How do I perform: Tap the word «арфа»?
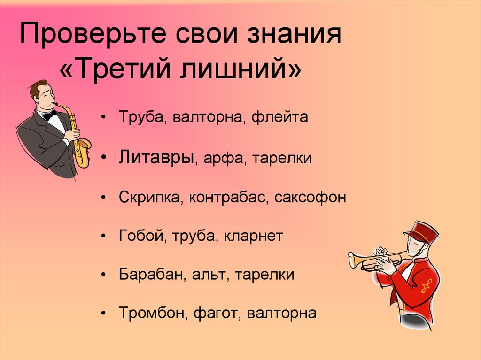pos(221,158)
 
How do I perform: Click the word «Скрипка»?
pos(150,197)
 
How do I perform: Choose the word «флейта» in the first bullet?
pos(280,117)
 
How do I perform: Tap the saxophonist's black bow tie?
pos(49,114)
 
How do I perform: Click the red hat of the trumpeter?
pos(421,231)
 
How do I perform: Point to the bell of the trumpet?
pos(353,260)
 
